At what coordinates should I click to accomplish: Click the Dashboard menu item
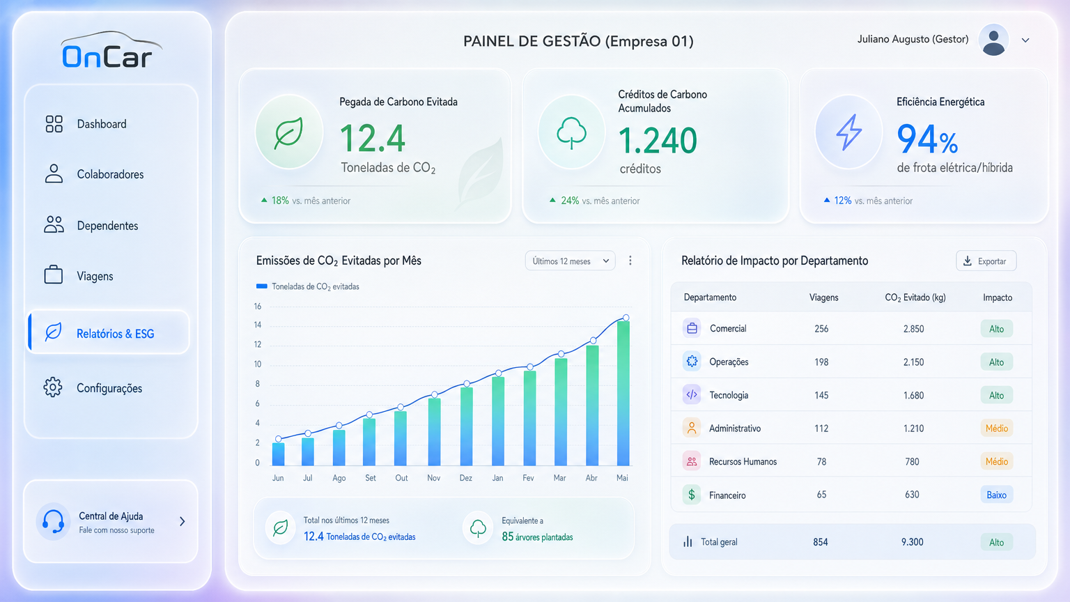[86, 124]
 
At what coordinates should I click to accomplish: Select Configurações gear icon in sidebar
[53, 387]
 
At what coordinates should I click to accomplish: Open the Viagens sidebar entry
[79, 276]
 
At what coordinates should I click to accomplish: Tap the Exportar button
[986, 261]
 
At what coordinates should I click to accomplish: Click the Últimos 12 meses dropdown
[570, 261]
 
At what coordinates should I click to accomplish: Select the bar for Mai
[623, 393]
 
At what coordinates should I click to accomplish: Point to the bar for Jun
[278, 454]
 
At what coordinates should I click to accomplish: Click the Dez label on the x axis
[466, 478]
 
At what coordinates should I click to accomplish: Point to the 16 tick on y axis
[258, 307]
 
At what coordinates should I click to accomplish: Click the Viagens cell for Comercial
[821, 329]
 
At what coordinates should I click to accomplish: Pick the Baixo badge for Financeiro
[996, 495]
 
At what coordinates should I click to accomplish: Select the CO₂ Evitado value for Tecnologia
[913, 395]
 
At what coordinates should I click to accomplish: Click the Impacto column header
[998, 298]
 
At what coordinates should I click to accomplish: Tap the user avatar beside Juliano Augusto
[993, 40]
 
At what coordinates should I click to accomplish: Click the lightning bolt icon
[849, 132]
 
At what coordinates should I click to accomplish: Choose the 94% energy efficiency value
[927, 139]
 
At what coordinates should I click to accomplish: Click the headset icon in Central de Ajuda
[53, 521]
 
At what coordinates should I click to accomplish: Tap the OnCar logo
[111, 49]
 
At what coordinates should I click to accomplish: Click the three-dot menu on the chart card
[630, 261]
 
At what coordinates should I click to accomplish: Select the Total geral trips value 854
[820, 542]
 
